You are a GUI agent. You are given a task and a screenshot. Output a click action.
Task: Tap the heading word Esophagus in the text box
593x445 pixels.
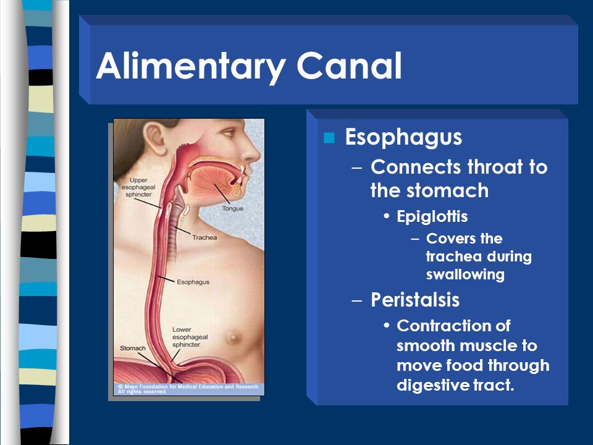(x=403, y=137)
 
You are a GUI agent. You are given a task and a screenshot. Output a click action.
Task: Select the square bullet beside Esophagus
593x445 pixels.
(x=329, y=138)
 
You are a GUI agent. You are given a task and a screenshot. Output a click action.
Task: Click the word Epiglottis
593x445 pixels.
(x=432, y=217)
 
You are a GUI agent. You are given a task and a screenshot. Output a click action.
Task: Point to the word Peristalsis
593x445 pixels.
(x=415, y=300)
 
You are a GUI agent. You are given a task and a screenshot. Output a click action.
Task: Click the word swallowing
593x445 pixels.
(x=465, y=274)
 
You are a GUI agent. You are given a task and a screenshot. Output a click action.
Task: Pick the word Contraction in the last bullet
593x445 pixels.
(x=453, y=326)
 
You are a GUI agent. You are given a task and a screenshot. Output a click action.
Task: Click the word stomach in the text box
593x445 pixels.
(x=448, y=190)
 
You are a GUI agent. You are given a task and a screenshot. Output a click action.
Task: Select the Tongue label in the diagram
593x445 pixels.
(x=233, y=208)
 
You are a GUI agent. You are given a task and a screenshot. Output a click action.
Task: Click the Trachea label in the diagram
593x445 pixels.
(x=204, y=237)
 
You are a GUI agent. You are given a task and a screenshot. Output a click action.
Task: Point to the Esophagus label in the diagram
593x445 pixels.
(x=193, y=282)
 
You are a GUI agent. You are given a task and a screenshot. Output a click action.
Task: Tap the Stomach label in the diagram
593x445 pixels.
(x=133, y=348)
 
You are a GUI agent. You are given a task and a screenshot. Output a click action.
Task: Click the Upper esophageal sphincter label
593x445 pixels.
(x=138, y=187)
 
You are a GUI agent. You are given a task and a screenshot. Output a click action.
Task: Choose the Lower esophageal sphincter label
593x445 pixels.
(x=190, y=337)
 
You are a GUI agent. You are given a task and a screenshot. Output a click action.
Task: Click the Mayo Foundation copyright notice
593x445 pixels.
(x=188, y=389)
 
